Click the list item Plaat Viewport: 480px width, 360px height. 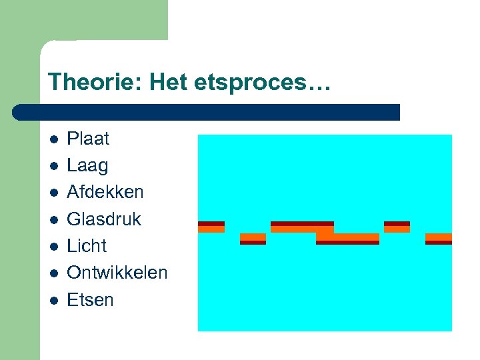(x=88, y=139)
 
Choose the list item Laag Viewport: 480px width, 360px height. (x=87, y=166)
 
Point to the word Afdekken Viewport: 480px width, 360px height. (x=105, y=192)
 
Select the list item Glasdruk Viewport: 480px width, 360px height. (x=104, y=219)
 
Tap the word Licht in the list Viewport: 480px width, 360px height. (x=87, y=245)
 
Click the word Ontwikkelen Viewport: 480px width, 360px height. (x=117, y=273)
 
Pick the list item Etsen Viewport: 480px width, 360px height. (x=90, y=299)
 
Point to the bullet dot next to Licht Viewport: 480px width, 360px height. (x=53, y=247)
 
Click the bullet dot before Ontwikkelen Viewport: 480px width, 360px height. (x=53, y=273)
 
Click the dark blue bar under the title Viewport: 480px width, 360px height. (x=207, y=112)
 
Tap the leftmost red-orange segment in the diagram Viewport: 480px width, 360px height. (x=211, y=227)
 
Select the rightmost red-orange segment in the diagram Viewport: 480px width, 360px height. (x=438, y=239)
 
